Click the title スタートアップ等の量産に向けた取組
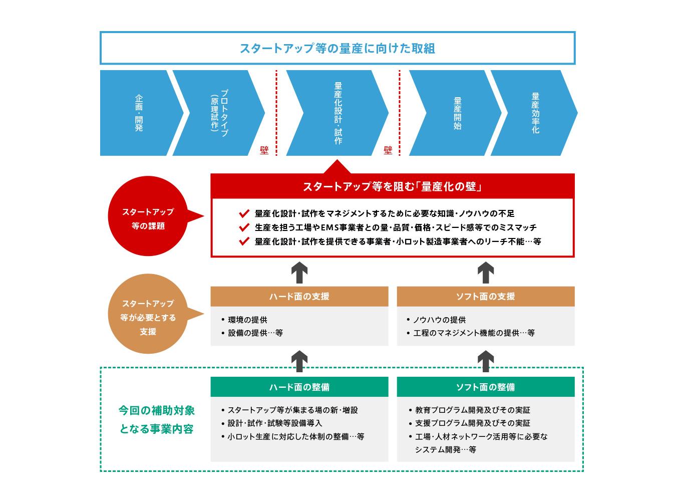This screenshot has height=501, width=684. coord(337,48)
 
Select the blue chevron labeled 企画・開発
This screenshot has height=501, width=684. coord(139,113)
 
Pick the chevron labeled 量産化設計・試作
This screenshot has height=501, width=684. coord(338,113)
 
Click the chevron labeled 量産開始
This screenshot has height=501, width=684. coord(457,113)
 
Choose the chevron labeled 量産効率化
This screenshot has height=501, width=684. coord(535,113)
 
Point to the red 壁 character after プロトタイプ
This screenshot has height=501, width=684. coord(264,150)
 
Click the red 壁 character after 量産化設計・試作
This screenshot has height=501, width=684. coord(388,150)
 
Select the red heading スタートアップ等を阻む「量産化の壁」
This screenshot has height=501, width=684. coord(392,187)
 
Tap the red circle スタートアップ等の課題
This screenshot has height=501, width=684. coord(148,219)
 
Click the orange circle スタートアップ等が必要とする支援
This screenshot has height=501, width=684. coord(148,317)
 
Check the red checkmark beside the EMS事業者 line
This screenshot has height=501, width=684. coord(244,227)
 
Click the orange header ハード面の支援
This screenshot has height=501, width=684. coord(299,296)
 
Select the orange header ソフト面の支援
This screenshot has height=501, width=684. coord(485,296)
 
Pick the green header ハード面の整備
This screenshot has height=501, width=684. coord(299,387)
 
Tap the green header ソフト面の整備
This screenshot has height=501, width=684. coord(485,387)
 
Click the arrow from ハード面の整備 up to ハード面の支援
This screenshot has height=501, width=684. coord(299,361)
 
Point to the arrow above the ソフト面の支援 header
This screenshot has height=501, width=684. coord(485,272)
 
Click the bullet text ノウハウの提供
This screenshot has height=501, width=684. coord(439,320)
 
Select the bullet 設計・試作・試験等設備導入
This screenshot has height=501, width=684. coord(275,423)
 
